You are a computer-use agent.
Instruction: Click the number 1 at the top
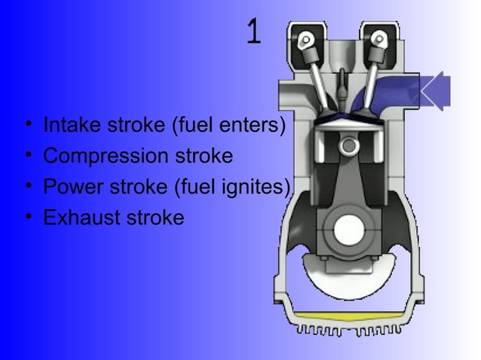pyautogui.click(x=254, y=32)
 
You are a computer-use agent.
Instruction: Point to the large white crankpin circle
pyautogui.click(x=348, y=230)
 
